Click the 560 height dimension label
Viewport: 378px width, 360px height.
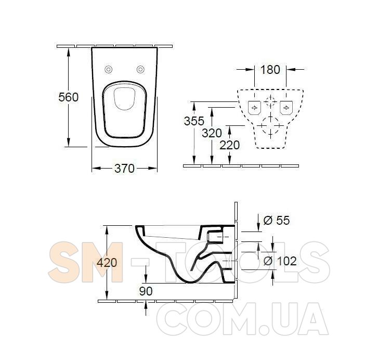click(69, 97)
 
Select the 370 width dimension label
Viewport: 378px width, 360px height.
click(124, 169)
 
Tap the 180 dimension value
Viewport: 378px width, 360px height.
click(270, 69)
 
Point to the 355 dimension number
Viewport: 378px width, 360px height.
click(194, 121)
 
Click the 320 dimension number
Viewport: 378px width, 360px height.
click(212, 133)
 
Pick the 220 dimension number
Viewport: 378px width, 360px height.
click(230, 145)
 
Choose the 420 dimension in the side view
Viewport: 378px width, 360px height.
click(107, 262)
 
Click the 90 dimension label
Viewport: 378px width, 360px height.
click(146, 291)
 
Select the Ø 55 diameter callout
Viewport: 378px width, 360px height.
click(277, 220)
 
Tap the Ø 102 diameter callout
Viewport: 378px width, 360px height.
click(280, 261)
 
